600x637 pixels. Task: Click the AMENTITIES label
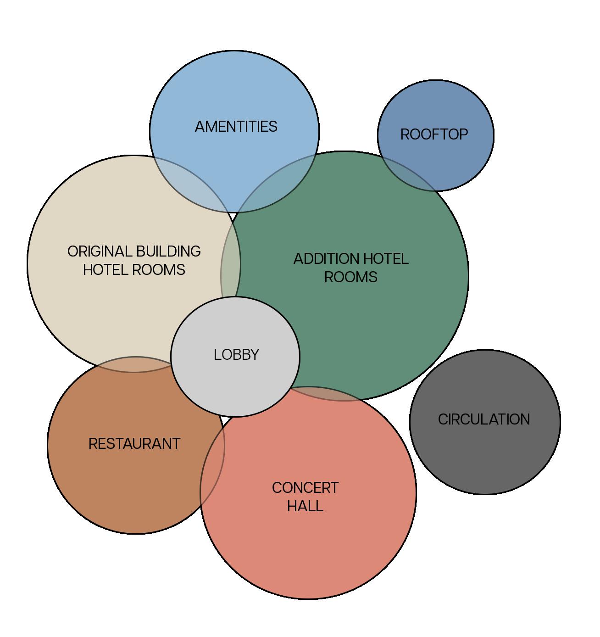tap(236, 127)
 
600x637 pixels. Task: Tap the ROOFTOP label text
tap(434, 134)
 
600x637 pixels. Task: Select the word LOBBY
tap(236, 355)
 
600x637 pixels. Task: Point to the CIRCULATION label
tap(484, 419)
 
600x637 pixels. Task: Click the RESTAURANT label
tap(134, 444)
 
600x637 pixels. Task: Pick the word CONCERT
tap(305, 488)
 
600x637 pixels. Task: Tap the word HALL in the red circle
tap(305, 506)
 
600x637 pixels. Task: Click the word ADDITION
tap(326, 259)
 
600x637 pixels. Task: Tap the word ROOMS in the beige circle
tap(160, 270)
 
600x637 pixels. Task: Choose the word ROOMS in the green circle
tap(350, 277)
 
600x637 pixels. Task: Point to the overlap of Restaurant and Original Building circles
tap(133, 364)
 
